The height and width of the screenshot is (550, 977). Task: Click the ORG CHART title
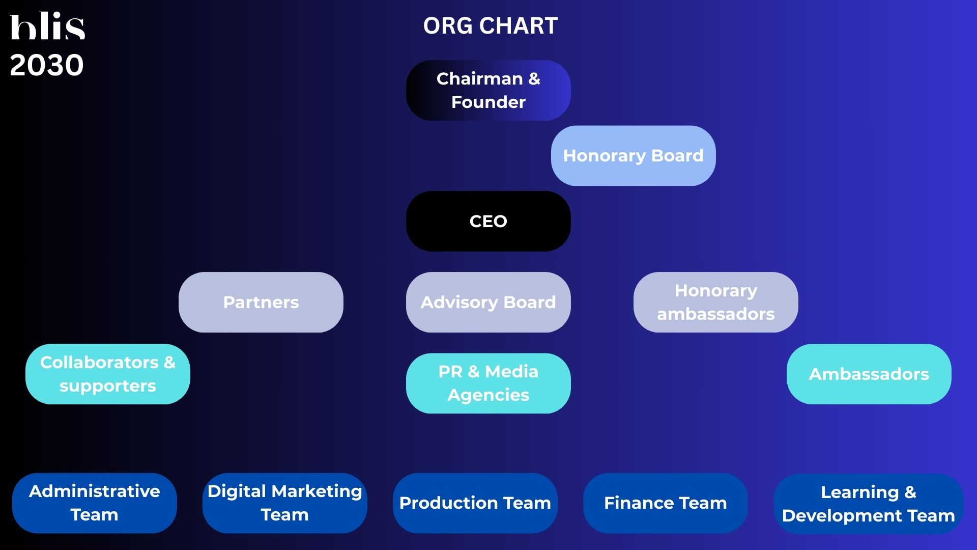(490, 25)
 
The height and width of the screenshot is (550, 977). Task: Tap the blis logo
(47, 26)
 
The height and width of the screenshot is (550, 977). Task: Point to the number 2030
(47, 65)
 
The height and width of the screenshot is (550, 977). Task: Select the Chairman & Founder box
(489, 90)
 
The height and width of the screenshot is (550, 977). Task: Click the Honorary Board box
(634, 155)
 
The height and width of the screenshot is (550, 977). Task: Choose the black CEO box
(489, 221)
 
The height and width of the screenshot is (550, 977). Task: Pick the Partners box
(261, 302)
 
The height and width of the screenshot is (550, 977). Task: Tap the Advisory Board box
(489, 302)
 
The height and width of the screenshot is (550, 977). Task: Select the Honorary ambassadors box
(716, 302)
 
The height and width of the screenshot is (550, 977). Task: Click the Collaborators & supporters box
(108, 374)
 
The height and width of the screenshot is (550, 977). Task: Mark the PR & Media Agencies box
(489, 383)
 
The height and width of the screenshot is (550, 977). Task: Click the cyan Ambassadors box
(869, 374)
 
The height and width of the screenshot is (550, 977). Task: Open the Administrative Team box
(95, 503)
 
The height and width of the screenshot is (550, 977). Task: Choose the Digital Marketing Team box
(285, 503)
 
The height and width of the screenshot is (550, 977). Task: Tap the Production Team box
(475, 503)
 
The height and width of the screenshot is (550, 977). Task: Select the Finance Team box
(666, 503)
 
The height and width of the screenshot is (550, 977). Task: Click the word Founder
(489, 102)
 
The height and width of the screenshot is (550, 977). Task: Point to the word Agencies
(489, 396)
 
